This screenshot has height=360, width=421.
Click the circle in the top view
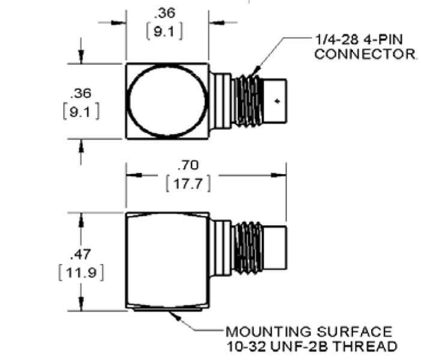(x=166, y=100)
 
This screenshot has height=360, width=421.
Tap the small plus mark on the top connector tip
(x=277, y=101)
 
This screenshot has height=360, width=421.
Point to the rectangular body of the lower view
(x=167, y=261)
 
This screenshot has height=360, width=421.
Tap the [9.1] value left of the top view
(x=80, y=112)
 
